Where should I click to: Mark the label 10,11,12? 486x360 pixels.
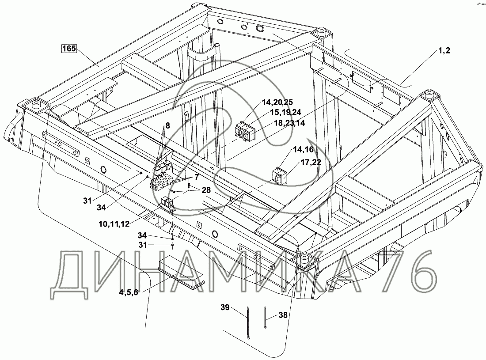tap(114, 224)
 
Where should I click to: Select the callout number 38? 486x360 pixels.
tap(283, 315)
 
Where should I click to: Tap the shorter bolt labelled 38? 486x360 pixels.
tap(264, 317)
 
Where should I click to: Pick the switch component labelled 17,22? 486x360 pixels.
tap(279, 176)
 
